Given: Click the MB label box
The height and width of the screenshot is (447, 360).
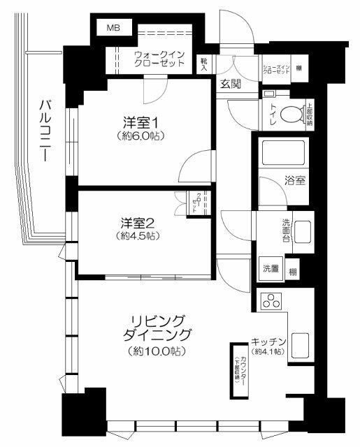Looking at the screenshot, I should pos(113,28).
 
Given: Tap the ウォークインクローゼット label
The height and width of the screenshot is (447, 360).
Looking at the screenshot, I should pos(159,58).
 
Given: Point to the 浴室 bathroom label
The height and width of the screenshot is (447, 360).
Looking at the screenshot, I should pos(295,180).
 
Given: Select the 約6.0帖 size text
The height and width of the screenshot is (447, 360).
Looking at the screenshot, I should pos(141,136).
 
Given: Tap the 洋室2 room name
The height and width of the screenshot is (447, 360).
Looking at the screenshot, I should pos(136,223).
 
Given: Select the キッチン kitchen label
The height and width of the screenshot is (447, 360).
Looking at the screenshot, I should pos(268,342).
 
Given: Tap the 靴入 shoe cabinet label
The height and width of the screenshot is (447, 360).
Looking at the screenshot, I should pos(204,65).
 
